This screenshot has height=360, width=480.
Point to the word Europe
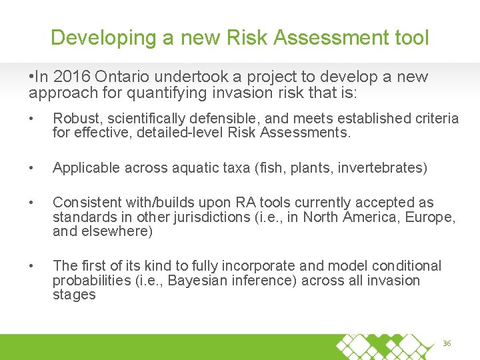point(434,217)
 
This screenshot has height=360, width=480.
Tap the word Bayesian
point(198,281)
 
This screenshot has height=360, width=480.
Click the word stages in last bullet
point(74,295)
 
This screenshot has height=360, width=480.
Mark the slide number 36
point(447,343)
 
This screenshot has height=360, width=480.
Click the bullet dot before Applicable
point(31,168)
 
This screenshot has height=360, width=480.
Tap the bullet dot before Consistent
point(31,203)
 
